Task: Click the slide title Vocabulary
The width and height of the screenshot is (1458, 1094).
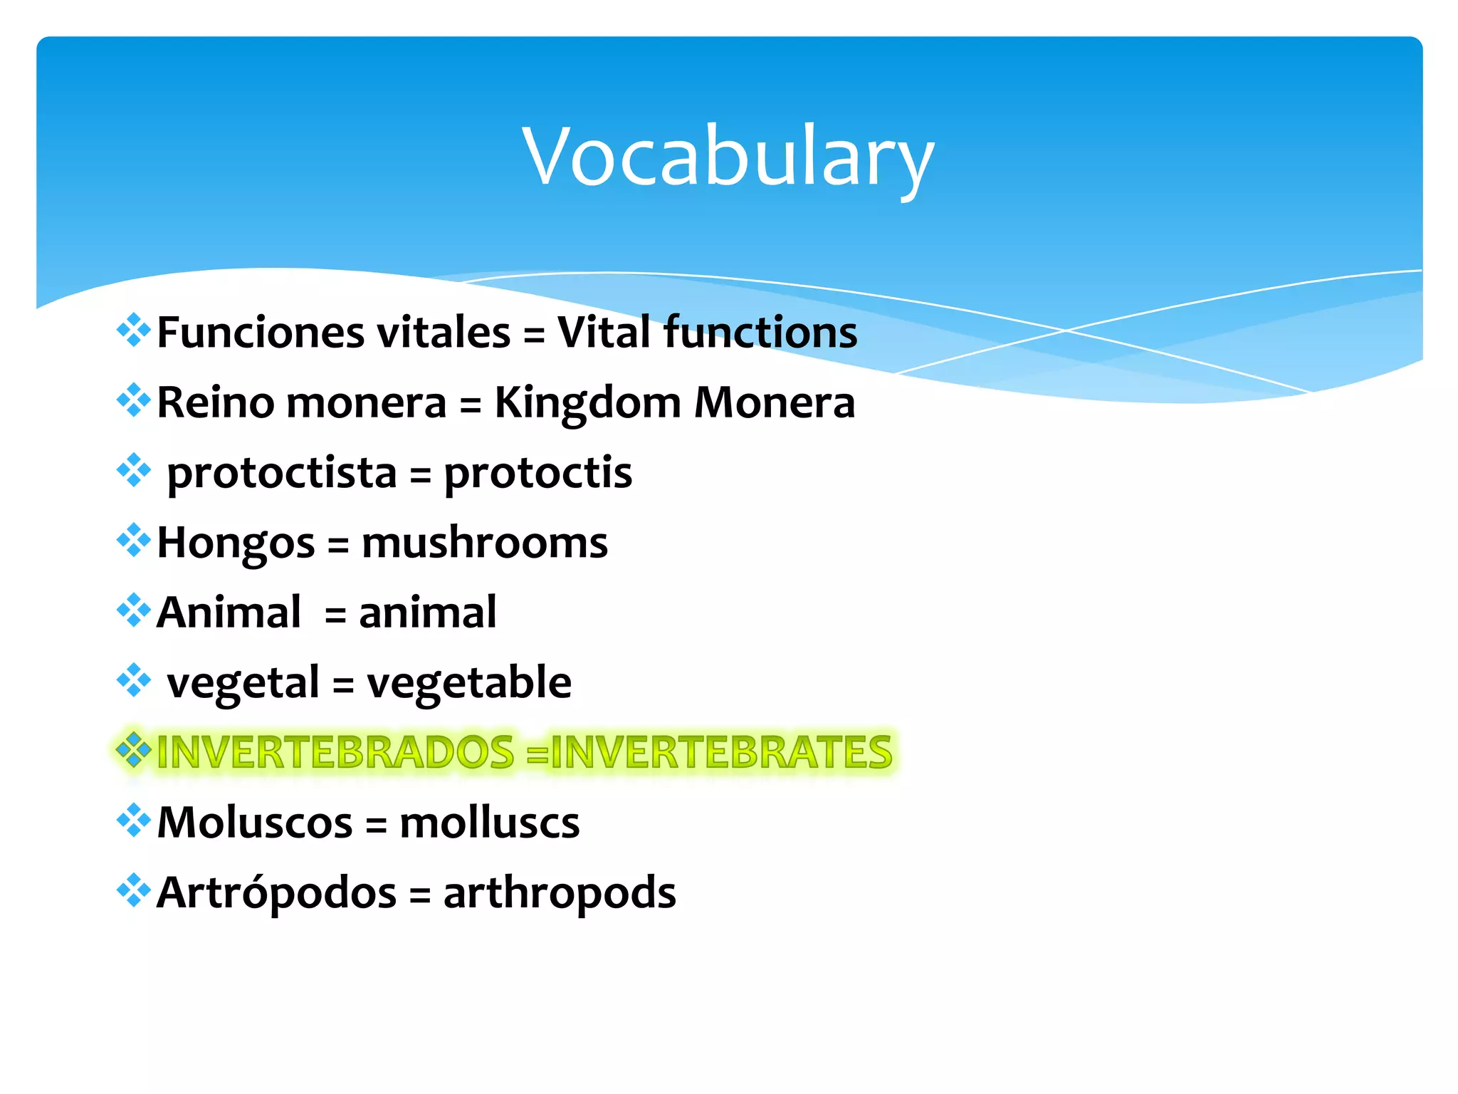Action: point(728,157)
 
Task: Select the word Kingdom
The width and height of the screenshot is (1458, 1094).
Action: point(587,403)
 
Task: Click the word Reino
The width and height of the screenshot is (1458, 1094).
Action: point(215,403)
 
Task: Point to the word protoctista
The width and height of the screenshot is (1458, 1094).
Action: point(282,473)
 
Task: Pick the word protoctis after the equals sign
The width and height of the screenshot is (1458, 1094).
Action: point(537,473)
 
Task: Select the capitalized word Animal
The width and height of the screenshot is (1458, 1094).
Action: point(229,613)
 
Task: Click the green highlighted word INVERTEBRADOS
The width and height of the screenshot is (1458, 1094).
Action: point(335,752)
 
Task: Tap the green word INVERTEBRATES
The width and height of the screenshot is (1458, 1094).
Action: point(720,752)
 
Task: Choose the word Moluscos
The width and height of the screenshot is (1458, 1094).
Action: point(254,823)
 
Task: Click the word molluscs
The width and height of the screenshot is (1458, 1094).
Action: point(489,823)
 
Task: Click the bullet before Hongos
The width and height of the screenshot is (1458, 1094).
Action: point(133,541)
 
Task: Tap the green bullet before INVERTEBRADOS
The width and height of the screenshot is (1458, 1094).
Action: point(133,750)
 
